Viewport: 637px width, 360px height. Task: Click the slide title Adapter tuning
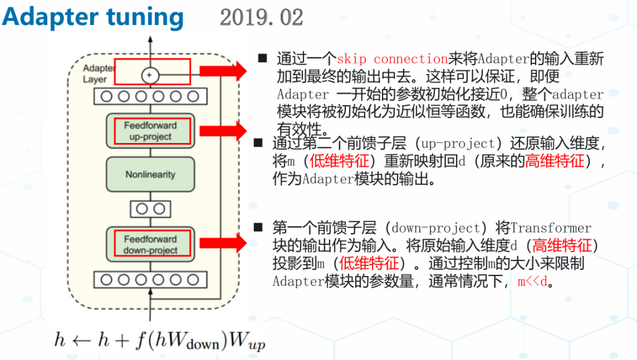(x=93, y=17)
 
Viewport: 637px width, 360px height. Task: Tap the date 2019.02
(x=261, y=17)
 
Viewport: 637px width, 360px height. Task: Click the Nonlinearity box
(x=150, y=174)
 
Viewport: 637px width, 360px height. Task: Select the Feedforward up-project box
(x=150, y=131)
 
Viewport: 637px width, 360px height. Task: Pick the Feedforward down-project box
(x=150, y=244)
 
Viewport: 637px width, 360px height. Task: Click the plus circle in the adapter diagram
(x=150, y=75)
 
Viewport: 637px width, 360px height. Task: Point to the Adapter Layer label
(x=95, y=73)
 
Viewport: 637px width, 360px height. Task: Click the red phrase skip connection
(x=392, y=59)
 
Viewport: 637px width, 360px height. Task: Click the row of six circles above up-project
(x=150, y=96)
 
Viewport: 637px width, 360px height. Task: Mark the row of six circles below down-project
(x=150, y=280)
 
